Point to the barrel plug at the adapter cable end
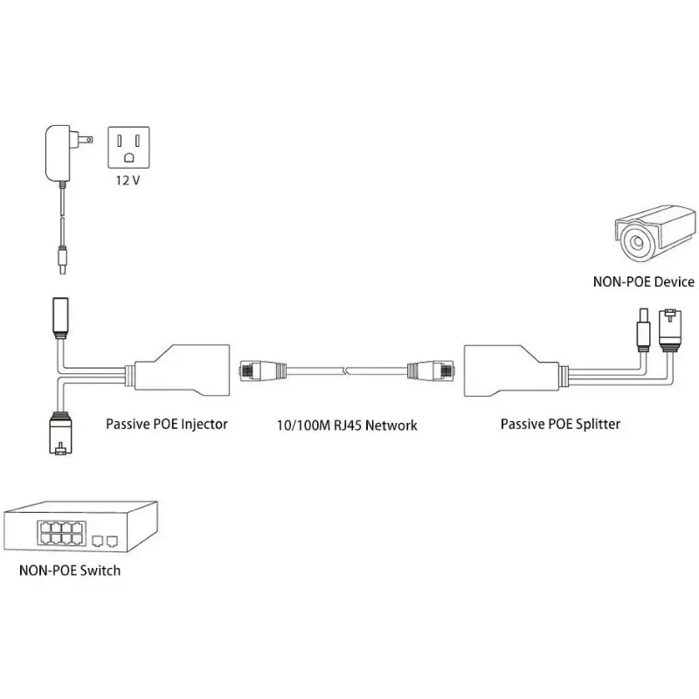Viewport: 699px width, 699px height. click(x=63, y=258)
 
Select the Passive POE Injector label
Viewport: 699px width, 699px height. click(x=167, y=425)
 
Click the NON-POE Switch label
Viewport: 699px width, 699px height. click(x=69, y=571)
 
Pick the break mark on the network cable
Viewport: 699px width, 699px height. click(x=348, y=371)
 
